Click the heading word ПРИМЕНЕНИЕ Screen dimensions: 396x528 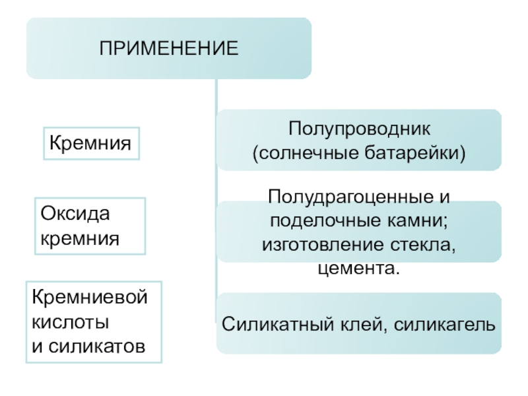[169, 48]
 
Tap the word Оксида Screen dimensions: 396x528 [75, 214]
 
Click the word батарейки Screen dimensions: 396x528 [412, 153]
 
